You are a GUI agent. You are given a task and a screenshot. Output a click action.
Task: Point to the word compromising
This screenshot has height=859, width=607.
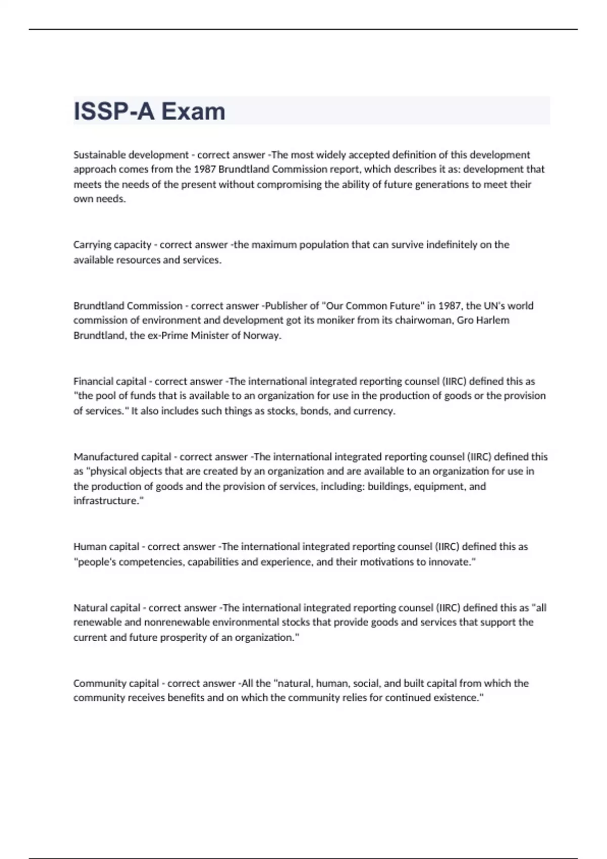(289, 184)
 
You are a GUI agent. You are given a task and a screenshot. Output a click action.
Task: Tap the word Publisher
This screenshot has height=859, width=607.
(286, 306)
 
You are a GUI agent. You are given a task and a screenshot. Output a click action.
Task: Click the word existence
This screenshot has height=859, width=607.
(458, 698)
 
